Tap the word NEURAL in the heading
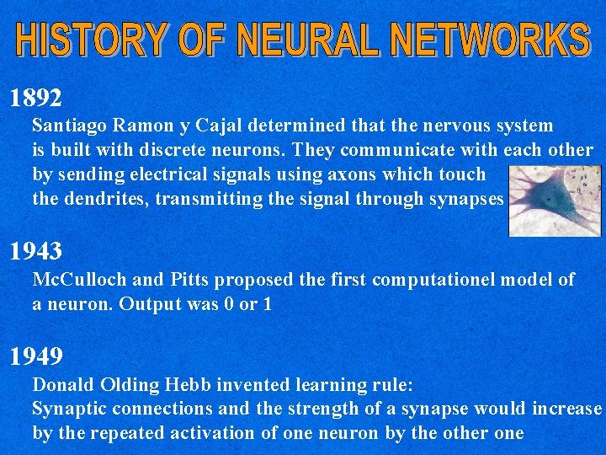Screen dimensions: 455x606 [306, 40]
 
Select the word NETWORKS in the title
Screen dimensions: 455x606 [486, 40]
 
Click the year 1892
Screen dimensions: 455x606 [35, 99]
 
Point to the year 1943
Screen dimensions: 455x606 [35, 250]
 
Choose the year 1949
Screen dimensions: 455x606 [35, 356]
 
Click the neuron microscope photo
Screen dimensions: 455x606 [555, 201]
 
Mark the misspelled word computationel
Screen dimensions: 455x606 [434, 280]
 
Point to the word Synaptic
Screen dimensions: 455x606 [66, 409]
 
